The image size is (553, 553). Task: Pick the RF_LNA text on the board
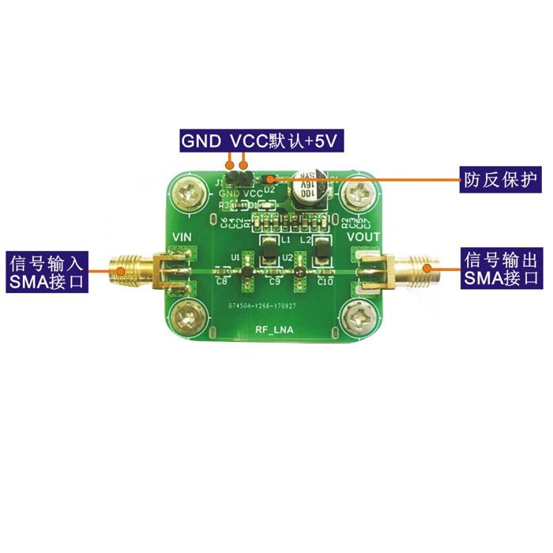coord(274,330)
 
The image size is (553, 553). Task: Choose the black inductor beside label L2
coord(322,251)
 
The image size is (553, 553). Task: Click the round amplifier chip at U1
coord(246,273)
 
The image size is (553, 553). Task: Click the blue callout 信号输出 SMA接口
coord(501,269)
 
